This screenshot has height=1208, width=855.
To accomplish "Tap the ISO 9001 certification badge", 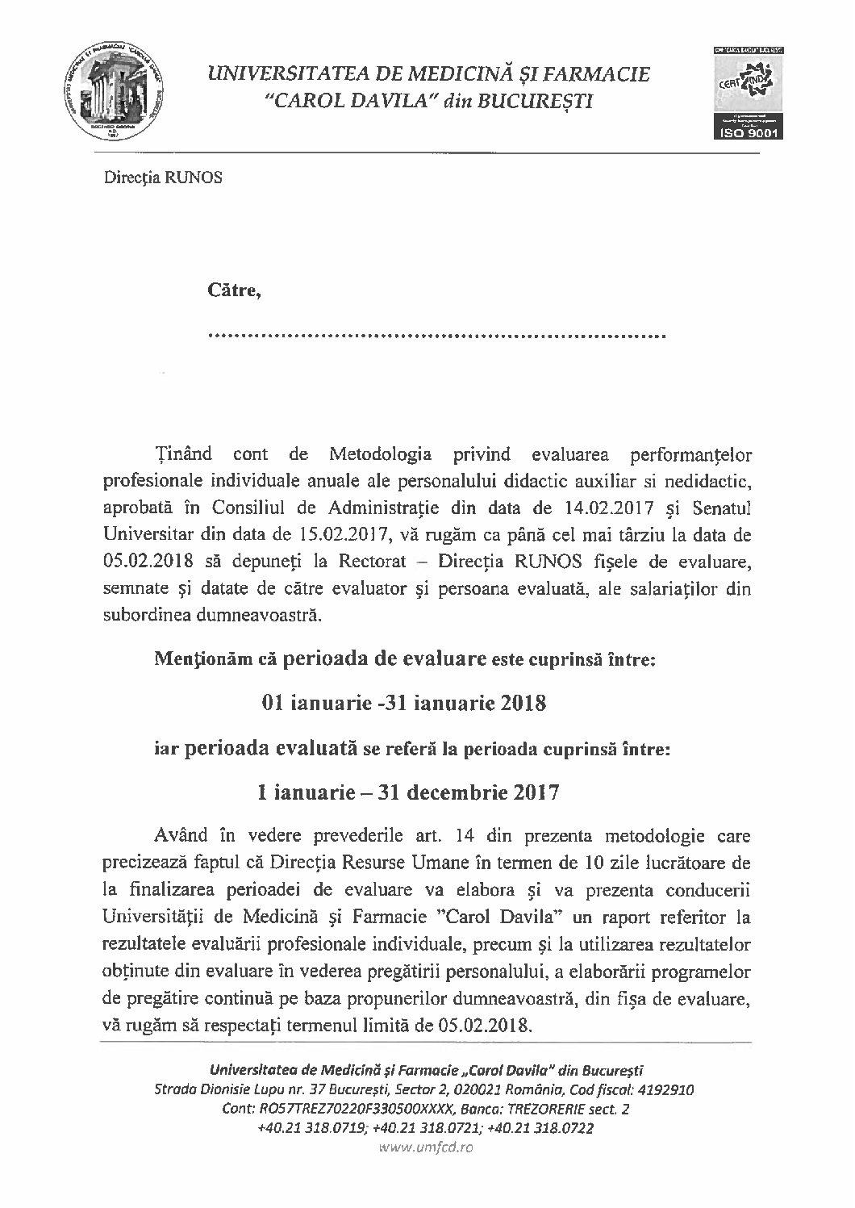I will tap(744, 93).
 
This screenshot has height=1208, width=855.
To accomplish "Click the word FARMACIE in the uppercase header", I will tap(596, 76).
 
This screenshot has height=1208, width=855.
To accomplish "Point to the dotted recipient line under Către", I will tap(436, 334).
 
